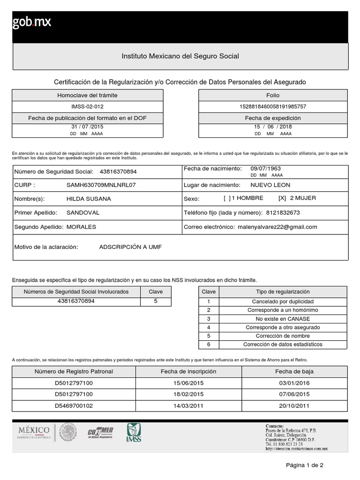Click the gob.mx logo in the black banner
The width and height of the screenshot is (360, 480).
32,22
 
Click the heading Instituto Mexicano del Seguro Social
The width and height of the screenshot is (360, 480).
180,56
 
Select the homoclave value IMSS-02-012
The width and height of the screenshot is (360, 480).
88,107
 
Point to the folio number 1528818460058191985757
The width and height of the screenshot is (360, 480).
273,107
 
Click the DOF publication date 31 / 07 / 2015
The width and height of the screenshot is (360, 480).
88,127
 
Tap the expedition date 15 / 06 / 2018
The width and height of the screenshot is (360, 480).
273,127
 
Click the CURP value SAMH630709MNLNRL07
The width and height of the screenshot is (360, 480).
101,185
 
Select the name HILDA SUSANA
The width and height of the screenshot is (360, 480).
89,199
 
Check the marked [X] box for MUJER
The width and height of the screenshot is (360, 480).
282,198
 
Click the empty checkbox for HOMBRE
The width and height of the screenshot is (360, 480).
227,198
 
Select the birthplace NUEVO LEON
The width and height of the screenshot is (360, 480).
270,185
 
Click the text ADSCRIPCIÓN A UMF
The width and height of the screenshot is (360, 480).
130,247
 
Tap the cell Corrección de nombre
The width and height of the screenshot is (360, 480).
283,336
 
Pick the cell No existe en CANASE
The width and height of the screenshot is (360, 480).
283,319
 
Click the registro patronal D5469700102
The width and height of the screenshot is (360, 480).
74,406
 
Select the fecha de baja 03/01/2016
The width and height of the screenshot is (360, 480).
294,383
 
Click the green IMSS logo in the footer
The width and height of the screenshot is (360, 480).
134,432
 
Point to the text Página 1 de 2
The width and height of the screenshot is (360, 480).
305,465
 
